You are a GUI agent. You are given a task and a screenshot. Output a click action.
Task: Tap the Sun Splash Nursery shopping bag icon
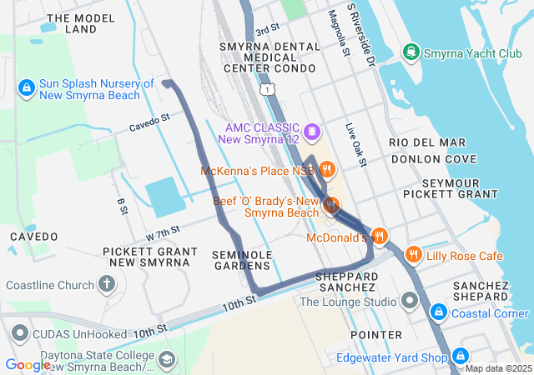coord(26,87)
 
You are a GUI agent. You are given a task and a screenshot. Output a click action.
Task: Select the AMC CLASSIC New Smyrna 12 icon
coord(311,131)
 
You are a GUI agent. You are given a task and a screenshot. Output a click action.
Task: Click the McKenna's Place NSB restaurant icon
coord(326,170)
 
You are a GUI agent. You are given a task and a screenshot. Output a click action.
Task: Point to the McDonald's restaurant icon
coord(380,236)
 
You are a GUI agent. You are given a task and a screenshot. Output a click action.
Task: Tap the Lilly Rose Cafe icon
coord(412,254)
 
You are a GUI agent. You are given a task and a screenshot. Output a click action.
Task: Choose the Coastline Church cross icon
coord(107,284)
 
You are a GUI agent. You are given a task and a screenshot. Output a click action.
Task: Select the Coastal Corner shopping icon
coord(437,312)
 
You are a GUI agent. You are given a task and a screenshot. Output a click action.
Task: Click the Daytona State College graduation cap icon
coord(167,360)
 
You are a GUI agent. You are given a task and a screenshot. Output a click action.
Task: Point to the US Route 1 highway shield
coord(265,87)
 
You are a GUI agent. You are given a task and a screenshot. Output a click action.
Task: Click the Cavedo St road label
coord(149,122)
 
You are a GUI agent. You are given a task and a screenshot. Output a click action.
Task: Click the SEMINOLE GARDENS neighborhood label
coord(241,259)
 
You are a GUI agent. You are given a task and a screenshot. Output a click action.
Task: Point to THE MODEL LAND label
coord(81,23)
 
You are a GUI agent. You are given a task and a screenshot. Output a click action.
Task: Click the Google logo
coord(28,364)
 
